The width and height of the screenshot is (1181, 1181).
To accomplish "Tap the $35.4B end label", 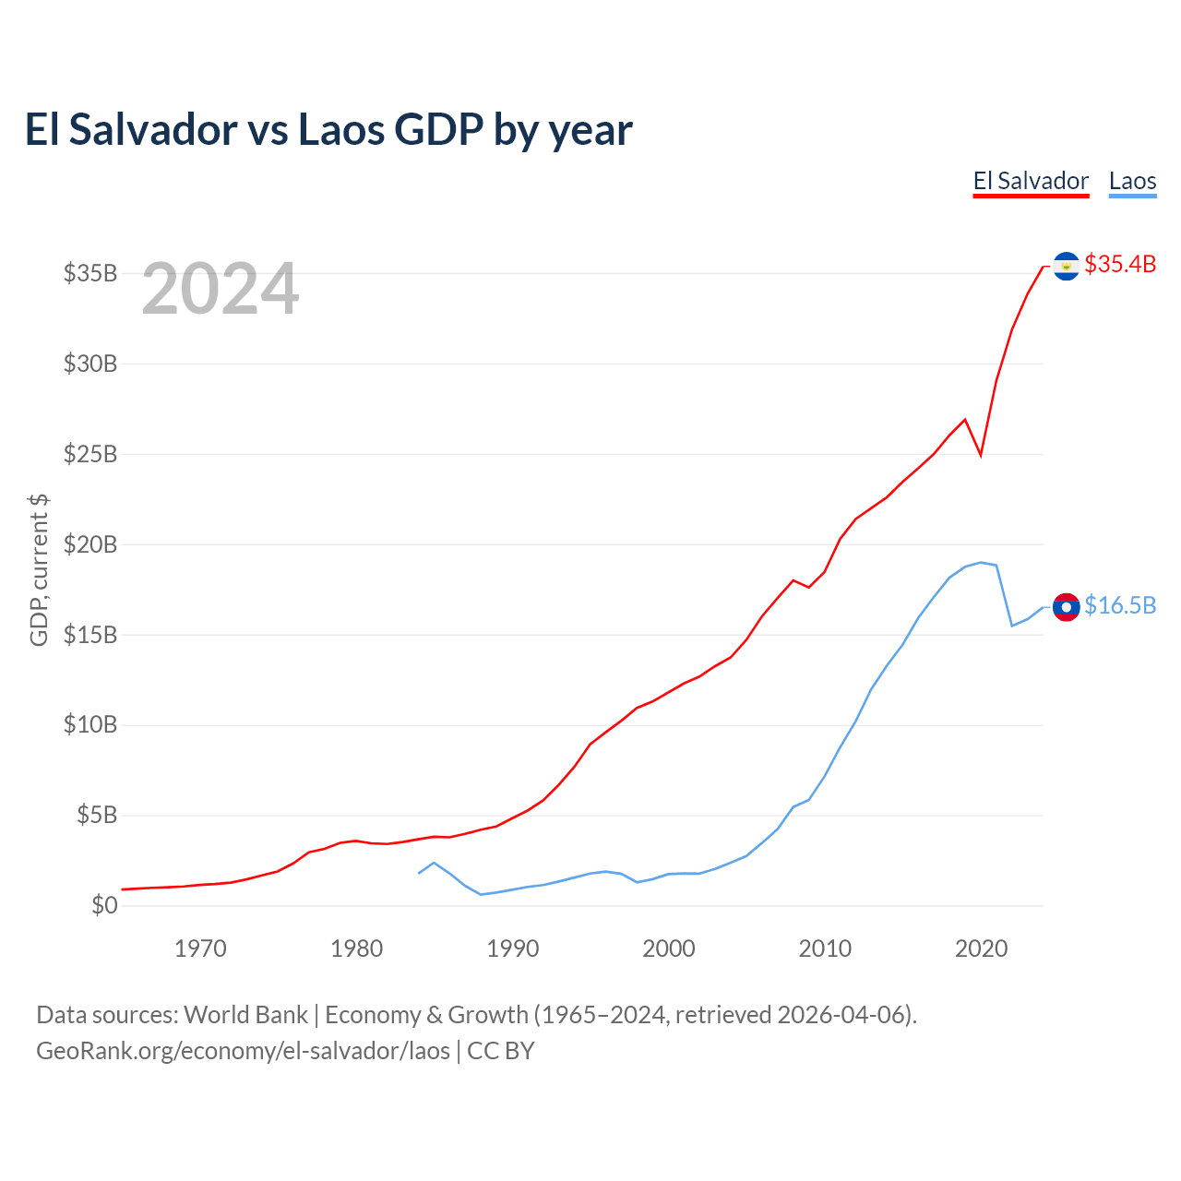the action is (1120, 264).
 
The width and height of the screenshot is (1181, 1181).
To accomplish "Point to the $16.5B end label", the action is (1120, 605).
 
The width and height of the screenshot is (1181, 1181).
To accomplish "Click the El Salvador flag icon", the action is (1067, 266).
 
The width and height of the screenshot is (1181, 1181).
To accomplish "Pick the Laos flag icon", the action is (1067, 607).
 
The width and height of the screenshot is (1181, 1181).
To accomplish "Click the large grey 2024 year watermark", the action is (220, 288).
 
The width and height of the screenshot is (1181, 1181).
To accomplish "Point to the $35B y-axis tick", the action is (90, 273).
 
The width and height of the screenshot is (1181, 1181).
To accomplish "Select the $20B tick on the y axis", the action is (90, 544).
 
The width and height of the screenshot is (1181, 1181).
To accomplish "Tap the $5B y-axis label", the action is (97, 815).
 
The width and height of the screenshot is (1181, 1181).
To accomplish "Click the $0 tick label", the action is (104, 905).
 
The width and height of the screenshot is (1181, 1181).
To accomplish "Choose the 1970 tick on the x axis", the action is (200, 948).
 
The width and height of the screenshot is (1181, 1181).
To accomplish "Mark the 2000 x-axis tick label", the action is (669, 948).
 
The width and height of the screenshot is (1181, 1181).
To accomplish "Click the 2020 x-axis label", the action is (981, 948).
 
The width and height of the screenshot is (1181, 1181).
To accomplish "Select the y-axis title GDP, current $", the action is (39, 570).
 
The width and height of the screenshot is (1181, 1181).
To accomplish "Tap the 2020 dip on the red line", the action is (981, 456).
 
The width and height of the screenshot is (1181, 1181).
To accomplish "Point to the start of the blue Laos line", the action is (419, 873).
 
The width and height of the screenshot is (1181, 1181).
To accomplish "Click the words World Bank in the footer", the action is (245, 1016).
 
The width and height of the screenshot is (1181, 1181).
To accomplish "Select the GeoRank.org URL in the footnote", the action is (244, 1051).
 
